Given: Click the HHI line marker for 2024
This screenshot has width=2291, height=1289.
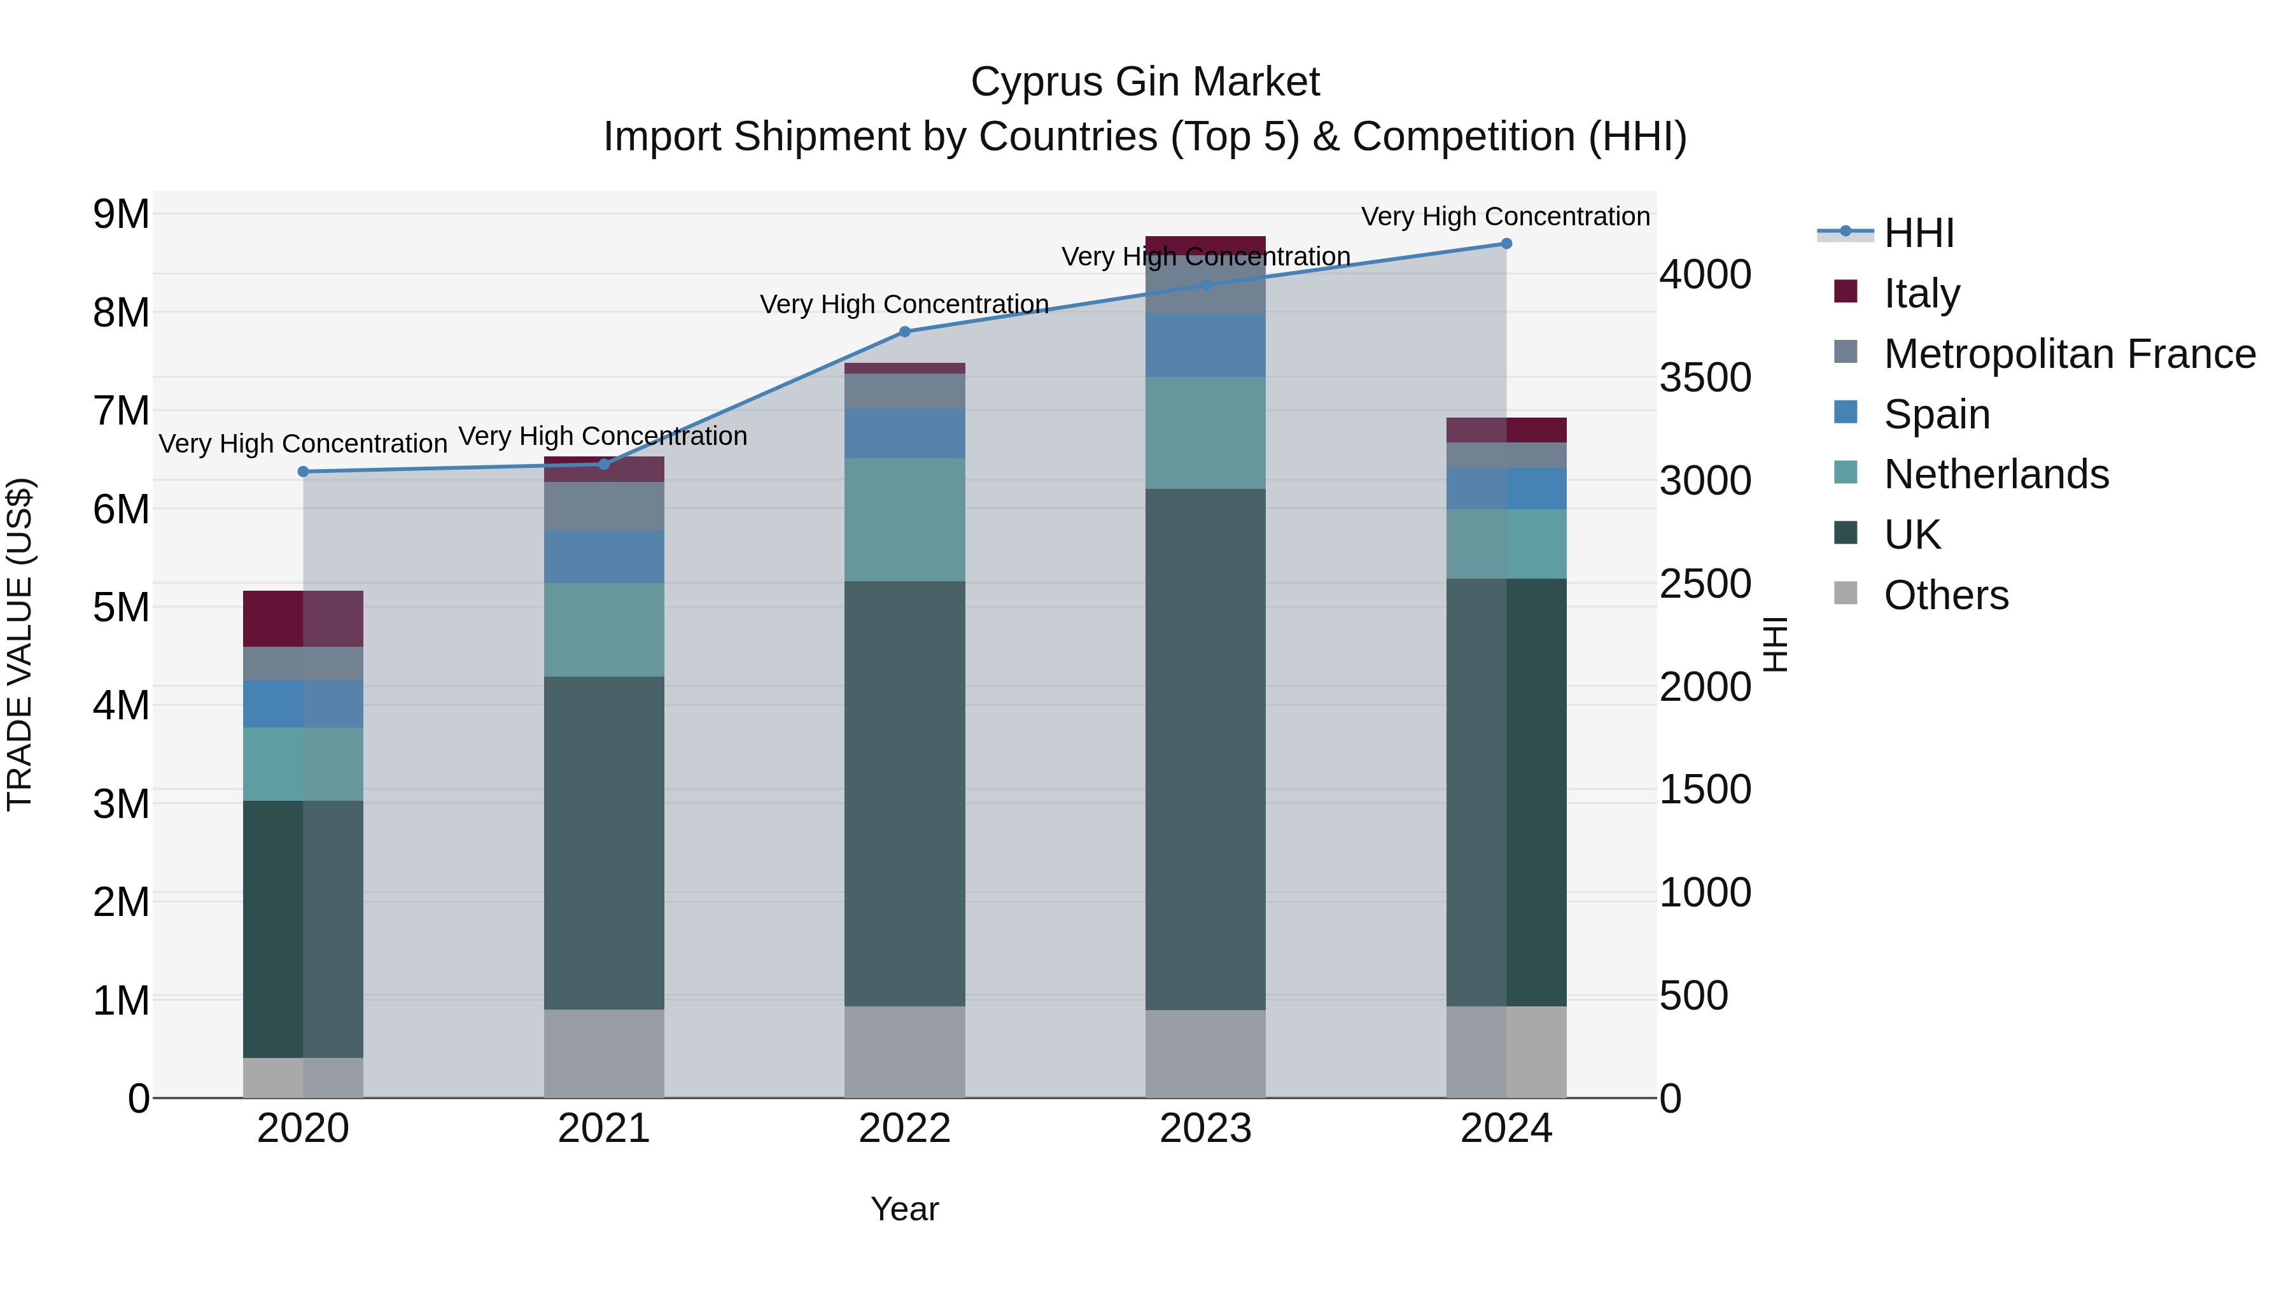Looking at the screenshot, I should click(x=1506, y=244).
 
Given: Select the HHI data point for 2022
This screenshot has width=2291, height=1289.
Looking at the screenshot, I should click(x=904, y=332).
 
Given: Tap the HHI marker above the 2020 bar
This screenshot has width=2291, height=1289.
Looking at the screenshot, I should click(x=304, y=472).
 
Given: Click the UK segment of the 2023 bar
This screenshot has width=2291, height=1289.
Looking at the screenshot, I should click(x=1205, y=749).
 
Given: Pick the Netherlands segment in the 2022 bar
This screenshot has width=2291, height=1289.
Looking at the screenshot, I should click(x=904, y=521).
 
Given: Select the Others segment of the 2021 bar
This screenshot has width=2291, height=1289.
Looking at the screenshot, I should click(x=604, y=1053).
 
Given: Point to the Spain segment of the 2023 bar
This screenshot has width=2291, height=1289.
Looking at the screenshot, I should click(x=1205, y=345).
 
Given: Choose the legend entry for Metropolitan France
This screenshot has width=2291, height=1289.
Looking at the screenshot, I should click(x=2069, y=354).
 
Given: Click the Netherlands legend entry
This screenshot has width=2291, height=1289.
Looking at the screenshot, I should click(x=1996, y=474).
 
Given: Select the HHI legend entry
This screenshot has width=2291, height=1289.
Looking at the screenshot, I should click(x=1918, y=233).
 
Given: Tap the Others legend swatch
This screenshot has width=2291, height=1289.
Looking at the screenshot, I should click(x=1846, y=593).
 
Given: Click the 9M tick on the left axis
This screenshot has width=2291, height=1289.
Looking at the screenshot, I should click(x=122, y=215).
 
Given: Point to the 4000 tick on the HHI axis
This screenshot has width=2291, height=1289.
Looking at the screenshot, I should click(x=1705, y=275).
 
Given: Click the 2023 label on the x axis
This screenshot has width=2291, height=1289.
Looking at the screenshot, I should click(x=1205, y=1129).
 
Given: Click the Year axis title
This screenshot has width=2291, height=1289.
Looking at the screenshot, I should click(x=904, y=1209).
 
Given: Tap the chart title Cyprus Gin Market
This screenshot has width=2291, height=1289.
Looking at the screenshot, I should click(x=1145, y=82).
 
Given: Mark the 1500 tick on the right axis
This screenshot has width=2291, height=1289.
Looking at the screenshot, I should click(x=1705, y=790).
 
